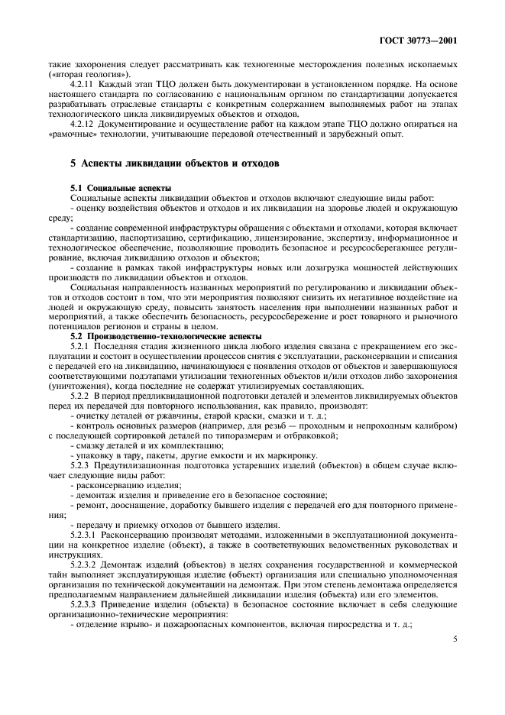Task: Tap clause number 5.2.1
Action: pos(80,348)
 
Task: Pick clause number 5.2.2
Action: pos(80,396)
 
